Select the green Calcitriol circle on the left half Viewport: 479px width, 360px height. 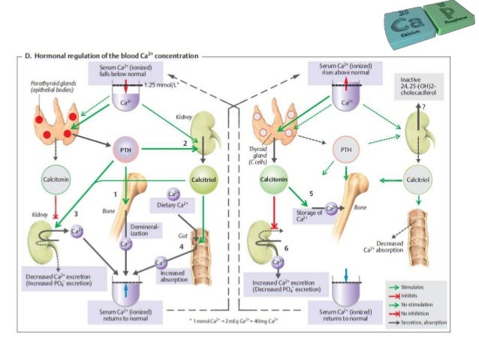(x=204, y=181)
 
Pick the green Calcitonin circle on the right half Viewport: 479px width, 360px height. (x=274, y=181)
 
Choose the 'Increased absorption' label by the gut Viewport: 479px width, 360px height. (x=172, y=276)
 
